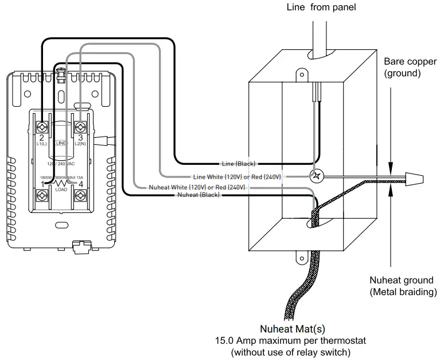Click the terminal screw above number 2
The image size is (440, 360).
[42, 126]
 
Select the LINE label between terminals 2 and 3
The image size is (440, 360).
[61, 142]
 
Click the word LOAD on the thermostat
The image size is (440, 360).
[61, 189]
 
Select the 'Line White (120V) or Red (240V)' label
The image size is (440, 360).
[237, 176]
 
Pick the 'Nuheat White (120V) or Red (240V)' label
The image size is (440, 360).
[197, 187]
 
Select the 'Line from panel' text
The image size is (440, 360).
[321, 7]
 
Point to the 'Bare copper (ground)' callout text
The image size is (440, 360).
[402, 67]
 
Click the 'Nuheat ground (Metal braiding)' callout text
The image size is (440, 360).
[402, 286]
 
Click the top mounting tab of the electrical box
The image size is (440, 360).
[301, 74]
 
